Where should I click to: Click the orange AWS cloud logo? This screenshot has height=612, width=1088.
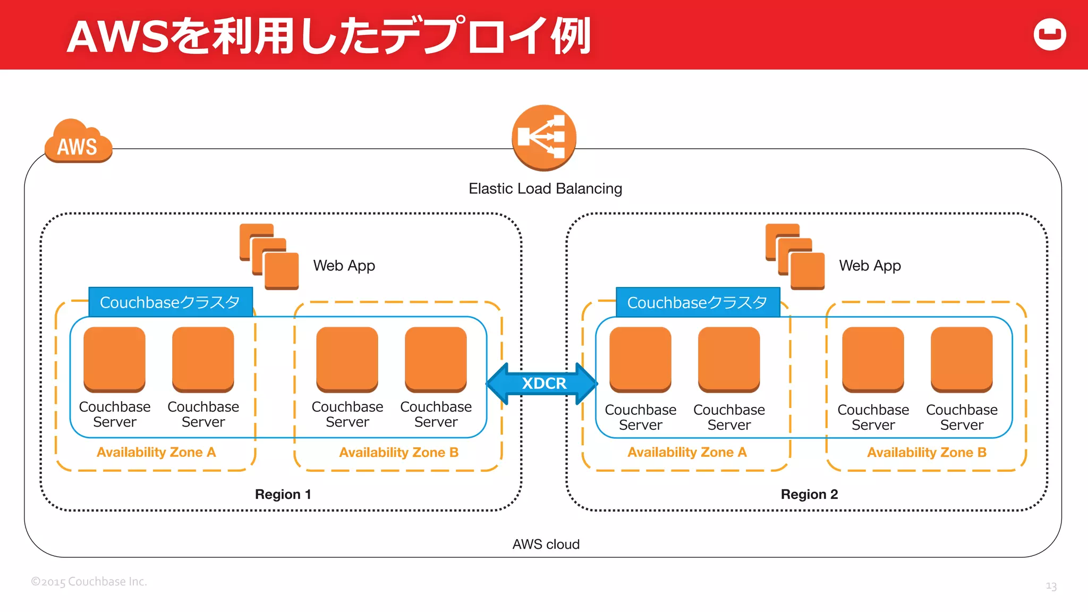(x=78, y=142)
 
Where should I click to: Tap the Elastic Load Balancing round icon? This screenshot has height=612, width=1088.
(x=544, y=137)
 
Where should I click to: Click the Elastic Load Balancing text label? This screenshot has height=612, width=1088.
(x=545, y=189)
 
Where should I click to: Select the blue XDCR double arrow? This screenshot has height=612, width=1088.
(x=542, y=383)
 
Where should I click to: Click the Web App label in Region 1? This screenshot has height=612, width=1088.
(x=344, y=265)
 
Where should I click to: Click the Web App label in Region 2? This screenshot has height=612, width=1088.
(x=870, y=265)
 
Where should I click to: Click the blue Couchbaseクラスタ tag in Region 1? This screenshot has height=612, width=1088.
(x=170, y=302)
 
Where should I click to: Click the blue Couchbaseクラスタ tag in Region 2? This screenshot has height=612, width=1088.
(x=698, y=302)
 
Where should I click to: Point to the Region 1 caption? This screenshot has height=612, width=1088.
(x=283, y=494)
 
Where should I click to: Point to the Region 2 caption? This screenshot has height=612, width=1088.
(x=809, y=494)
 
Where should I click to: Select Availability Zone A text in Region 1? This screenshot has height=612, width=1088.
(x=156, y=452)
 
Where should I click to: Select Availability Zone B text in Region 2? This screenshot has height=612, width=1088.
(x=926, y=452)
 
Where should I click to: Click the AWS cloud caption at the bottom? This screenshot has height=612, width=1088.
(x=546, y=544)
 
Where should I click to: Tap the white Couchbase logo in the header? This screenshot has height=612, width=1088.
(x=1050, y=35)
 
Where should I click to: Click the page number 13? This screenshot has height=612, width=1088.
(x=1051, y=586)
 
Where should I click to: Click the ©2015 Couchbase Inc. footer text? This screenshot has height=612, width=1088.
(x=89, y=581)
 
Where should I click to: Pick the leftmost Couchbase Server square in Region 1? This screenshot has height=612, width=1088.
(x=114, y=359)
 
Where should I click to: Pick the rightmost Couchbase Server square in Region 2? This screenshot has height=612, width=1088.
(x=962, y=359)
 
